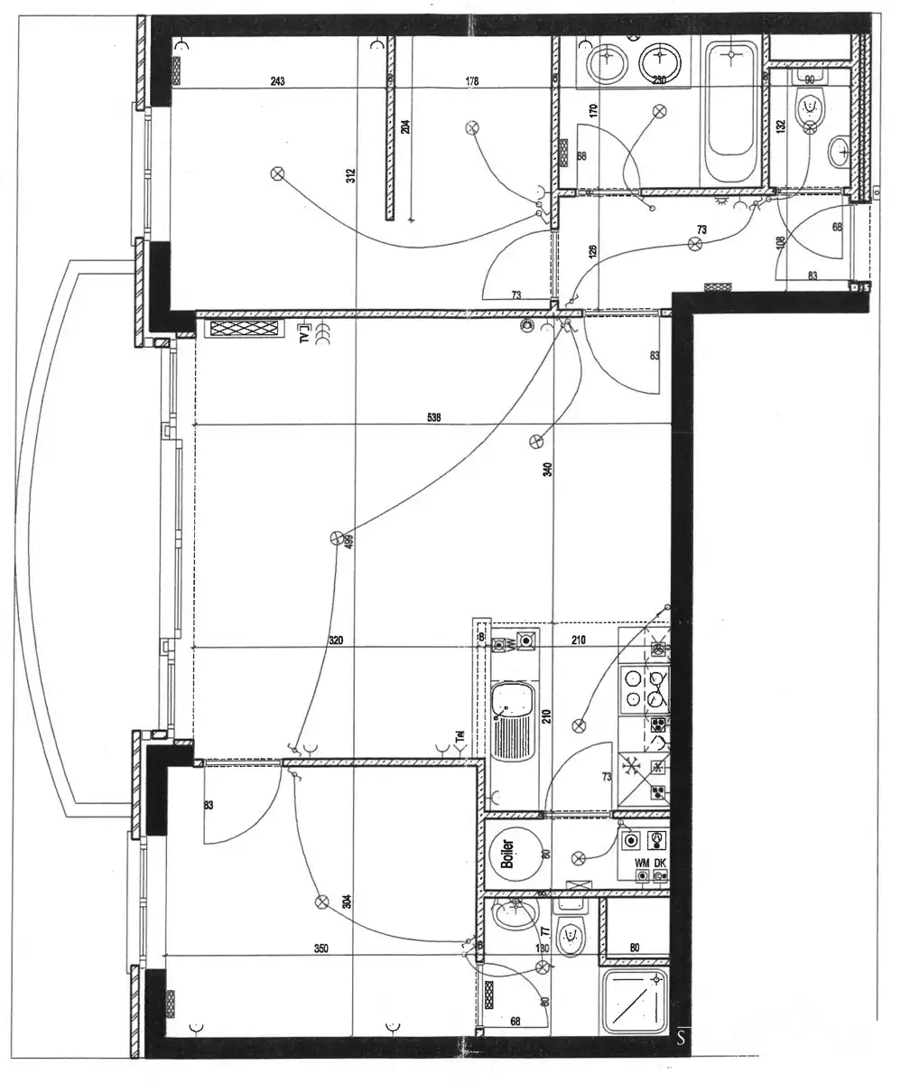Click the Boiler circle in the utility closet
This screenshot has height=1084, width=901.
point(507,848)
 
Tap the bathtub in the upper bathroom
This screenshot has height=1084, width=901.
point(732,112)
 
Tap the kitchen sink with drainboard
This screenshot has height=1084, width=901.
point(512,720)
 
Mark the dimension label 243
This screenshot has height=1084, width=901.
point(278,81)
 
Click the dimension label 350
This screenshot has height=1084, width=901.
point(320,948)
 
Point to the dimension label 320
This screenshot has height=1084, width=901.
point(336,640)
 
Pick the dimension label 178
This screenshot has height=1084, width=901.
point(471,81)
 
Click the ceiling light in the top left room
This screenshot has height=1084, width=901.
point(278,173)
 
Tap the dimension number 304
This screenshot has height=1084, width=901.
point(346,901)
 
